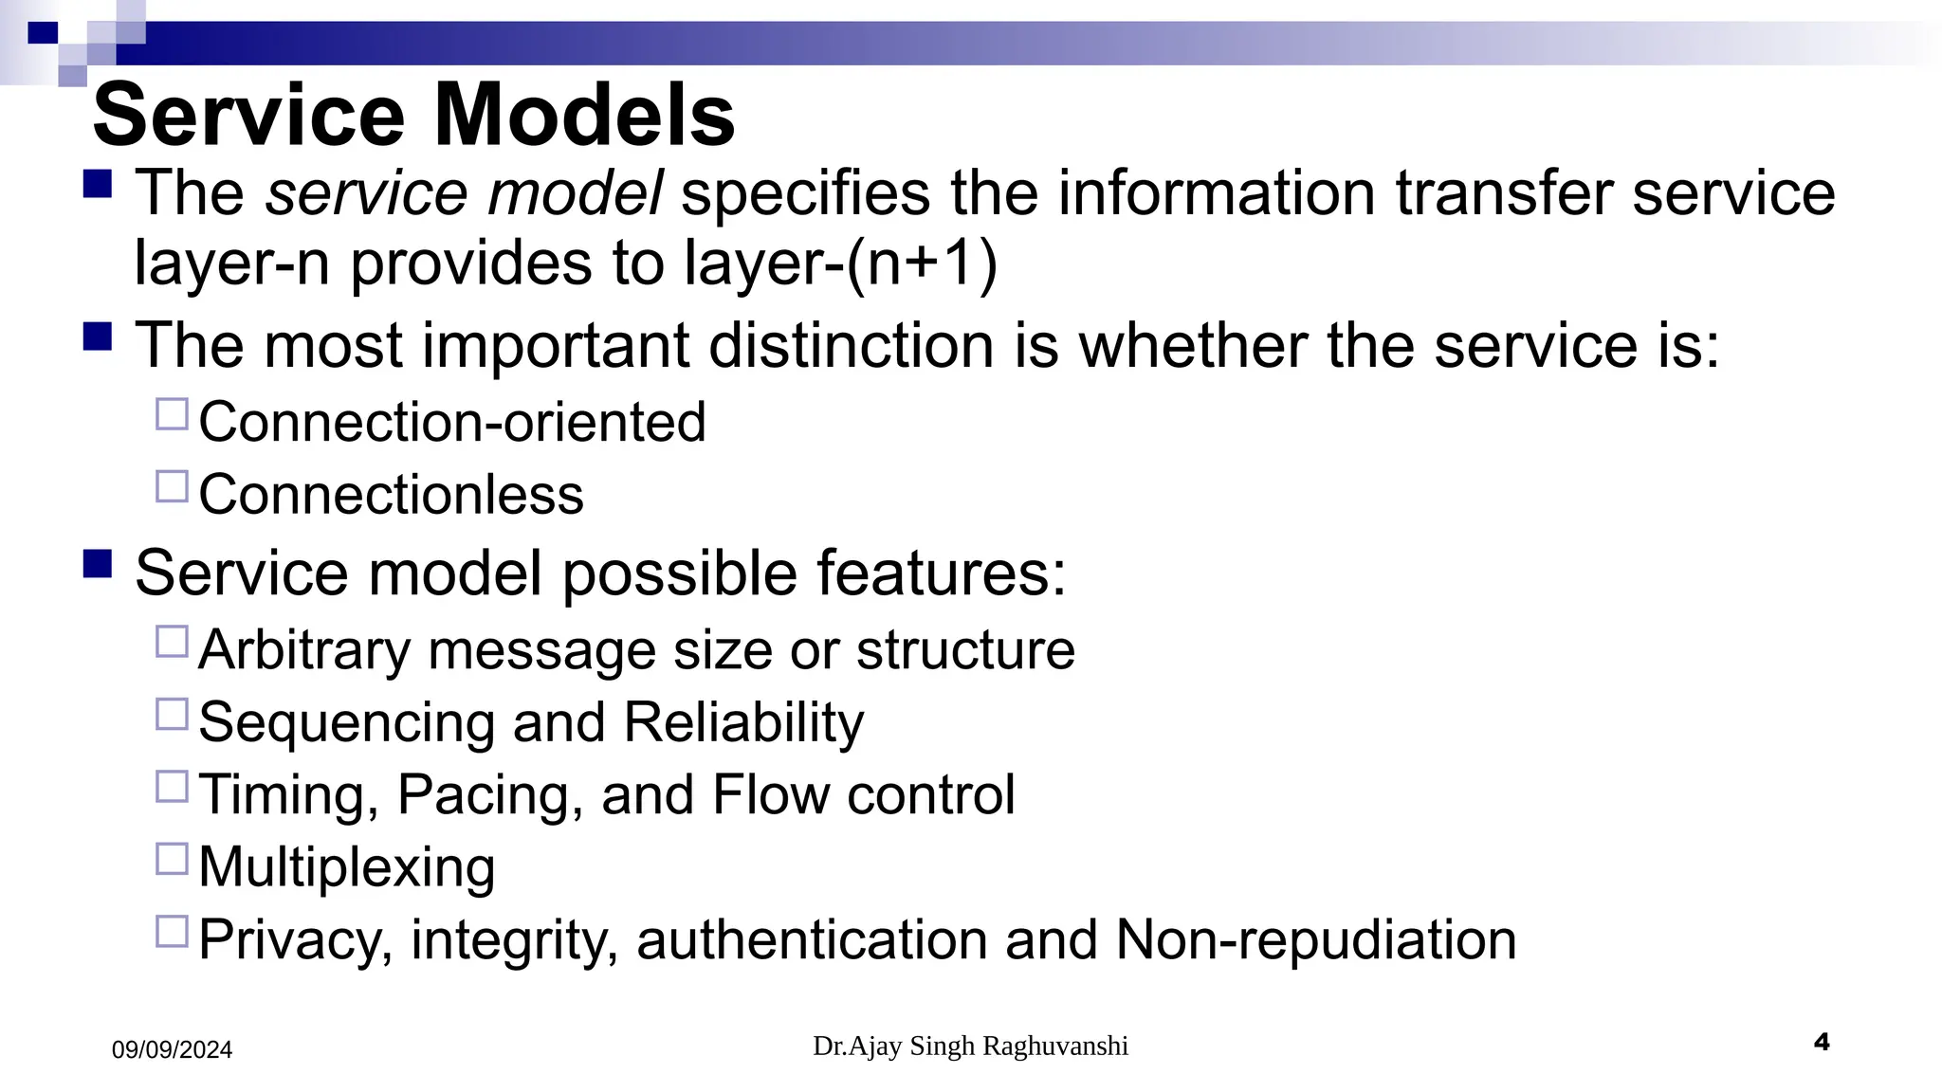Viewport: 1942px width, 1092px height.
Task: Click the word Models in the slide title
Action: click(584, 115)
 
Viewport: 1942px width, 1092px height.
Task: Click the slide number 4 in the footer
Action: click(1821, 1043)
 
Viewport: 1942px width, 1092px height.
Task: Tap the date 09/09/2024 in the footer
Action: click(172, 1049)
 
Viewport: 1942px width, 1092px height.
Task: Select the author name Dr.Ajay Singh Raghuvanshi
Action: click(970, 1046)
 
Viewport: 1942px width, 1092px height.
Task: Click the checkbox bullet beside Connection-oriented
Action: click(172, 414)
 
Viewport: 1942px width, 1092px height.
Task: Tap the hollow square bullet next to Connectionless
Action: click(172, 486)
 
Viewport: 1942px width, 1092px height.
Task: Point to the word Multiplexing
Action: click(347, 866)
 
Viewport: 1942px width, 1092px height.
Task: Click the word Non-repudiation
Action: click(1315, 939)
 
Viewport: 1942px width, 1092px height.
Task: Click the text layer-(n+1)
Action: click(841, 263)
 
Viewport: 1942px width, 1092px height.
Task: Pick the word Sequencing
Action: click(346, 722)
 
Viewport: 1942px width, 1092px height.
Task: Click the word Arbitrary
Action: click(304, 650)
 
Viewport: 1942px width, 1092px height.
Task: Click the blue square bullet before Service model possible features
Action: click(98, 564)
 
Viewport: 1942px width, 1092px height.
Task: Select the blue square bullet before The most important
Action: click(98, 337)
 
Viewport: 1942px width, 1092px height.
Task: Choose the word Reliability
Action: click(743, 722)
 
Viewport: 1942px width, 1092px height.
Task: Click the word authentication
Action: click(812, 939)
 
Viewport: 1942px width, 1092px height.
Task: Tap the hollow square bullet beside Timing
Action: click(172, 787)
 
